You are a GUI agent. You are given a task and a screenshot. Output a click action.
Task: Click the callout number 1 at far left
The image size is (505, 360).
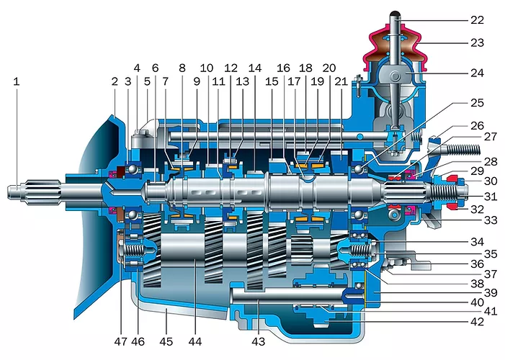17,81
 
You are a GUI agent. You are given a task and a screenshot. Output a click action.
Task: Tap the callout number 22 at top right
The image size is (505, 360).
478,20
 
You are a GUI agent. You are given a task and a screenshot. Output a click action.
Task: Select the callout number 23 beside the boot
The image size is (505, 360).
478,42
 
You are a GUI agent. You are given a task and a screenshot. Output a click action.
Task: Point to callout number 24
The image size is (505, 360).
478,73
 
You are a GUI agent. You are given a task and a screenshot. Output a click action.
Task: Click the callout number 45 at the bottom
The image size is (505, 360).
166,341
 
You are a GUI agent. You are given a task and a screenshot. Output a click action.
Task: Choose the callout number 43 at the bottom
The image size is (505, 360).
259,341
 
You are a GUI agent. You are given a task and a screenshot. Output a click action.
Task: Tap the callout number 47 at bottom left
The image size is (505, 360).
121,341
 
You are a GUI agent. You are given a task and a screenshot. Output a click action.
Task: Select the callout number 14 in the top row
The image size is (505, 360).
255,68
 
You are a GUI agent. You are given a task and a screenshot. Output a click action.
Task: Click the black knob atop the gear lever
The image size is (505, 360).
395,14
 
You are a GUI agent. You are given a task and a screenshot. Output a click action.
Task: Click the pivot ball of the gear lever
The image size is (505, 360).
395,76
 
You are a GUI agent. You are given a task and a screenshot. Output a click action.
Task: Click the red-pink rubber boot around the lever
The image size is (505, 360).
395,48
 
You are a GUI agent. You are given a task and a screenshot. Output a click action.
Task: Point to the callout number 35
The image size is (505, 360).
491,253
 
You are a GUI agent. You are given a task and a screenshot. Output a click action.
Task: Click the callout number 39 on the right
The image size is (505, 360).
491,292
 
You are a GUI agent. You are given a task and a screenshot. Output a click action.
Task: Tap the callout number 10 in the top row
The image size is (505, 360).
207,68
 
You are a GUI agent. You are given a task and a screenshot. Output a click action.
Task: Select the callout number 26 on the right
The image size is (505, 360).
478,125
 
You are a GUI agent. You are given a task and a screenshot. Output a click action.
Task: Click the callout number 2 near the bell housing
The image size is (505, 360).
115,81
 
